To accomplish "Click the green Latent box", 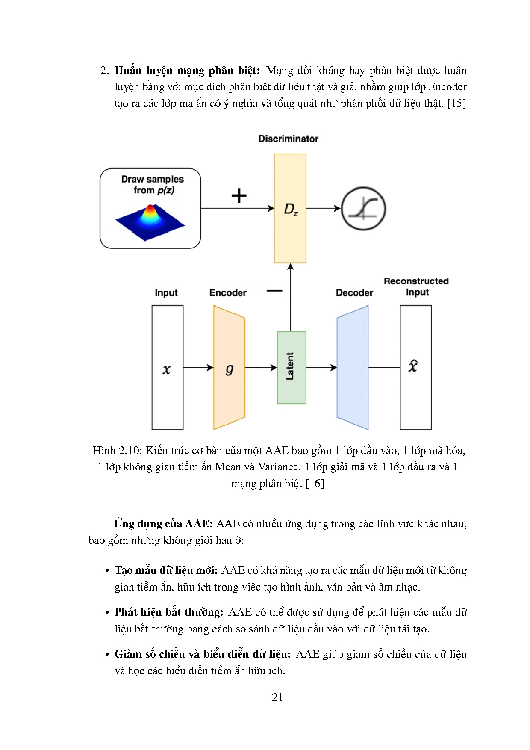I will [x=291, y=367].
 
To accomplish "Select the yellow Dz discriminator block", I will [x=290, y=208].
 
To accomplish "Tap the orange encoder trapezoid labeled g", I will [x=229, y=368].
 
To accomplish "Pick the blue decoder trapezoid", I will [x=353, y=368].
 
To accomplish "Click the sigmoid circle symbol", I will [x=363, y=209].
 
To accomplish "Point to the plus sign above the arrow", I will [x=239, y=196].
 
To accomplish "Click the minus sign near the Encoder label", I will [x=274, y=291].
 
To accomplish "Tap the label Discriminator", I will [x=289, y=139].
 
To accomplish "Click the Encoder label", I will [x=228, y=293].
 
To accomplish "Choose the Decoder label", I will [x=354, y=293].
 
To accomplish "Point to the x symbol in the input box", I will [x=167, y=369].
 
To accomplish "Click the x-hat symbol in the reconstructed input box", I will [x=413, y=366].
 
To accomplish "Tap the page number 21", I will [x=277, y=697].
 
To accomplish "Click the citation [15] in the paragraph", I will [x=456, y=103].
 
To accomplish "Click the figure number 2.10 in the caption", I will [x=130, y=451].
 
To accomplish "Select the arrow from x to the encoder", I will [x=198, y=368].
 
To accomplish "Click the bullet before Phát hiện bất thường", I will [x=107, y=612].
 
